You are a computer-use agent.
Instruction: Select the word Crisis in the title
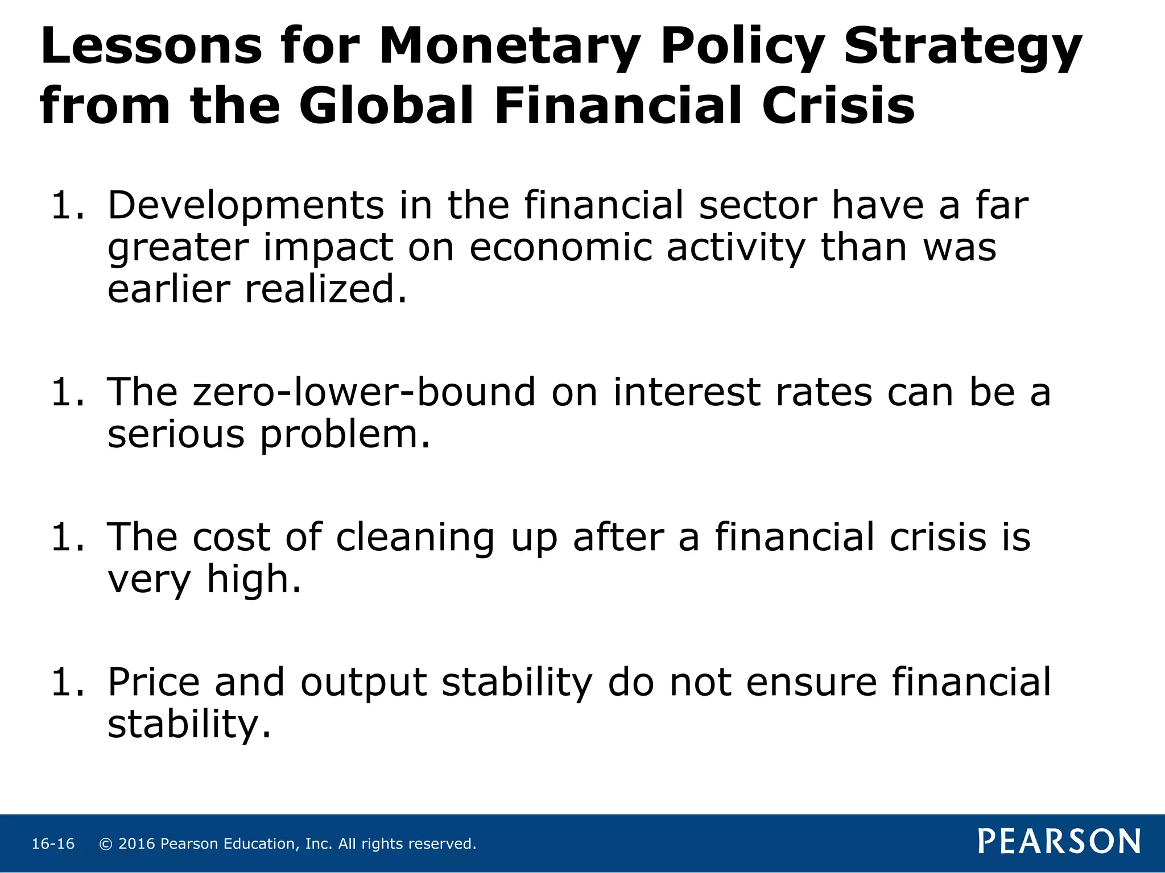[838, 106]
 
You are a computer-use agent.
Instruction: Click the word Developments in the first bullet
[246, 206]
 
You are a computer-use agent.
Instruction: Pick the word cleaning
[415, 538]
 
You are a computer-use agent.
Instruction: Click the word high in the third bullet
[253, 580]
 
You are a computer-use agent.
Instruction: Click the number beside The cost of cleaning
[67, 538]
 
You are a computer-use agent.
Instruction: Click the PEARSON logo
[1059, 842]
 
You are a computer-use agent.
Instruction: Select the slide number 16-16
[53, 844]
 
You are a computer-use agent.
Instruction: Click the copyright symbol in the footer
[105, 844]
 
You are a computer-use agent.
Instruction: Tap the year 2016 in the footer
[137, 844]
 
